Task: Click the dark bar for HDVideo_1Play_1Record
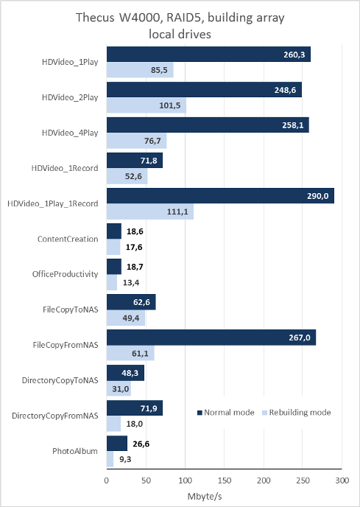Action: point(220,196)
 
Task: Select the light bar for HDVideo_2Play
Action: point(147,105)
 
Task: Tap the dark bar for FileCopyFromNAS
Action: point(211,338)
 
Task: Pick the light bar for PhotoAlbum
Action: point(110,460)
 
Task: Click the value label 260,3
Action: point(294,55)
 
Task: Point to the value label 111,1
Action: point(177,212)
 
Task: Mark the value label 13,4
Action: point(131,282)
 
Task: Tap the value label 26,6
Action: point(141,444)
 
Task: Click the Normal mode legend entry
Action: point(225,413)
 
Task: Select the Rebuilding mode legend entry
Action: point(297,413)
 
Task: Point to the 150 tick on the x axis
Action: point(225,480)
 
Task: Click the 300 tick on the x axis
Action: point(342,480)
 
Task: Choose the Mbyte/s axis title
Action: point(205,497)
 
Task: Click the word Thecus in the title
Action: point(95,18)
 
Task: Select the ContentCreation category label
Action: point(68,239)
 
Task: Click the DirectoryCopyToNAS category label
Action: point(60,380)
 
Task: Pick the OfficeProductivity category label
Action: point(65,274)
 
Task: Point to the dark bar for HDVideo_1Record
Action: point(135,161)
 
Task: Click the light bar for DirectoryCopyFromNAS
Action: point(114,424)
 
